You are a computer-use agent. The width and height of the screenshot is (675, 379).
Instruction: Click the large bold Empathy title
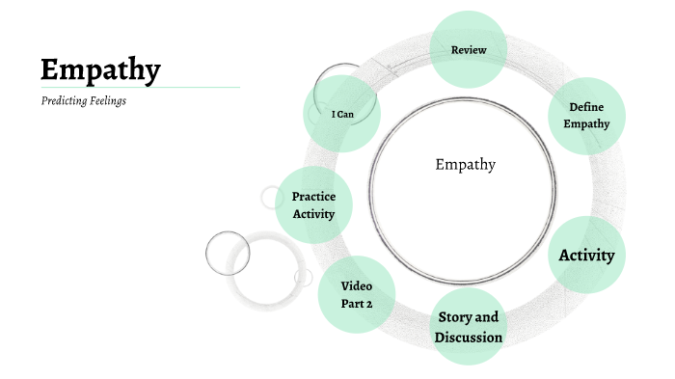[100, 69]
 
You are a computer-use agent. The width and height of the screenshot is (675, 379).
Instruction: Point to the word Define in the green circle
[586, 107]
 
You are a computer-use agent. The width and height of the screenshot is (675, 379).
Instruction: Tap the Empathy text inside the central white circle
[465, 165]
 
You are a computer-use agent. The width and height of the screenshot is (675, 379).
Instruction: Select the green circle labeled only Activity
[586, 255]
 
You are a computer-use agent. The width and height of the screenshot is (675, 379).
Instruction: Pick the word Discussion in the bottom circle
[469, 338]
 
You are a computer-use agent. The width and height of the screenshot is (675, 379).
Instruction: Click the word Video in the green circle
[357, 285]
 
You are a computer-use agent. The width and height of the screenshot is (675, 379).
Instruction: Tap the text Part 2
[357, 304]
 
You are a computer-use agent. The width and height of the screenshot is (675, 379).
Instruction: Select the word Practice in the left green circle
[313, 197]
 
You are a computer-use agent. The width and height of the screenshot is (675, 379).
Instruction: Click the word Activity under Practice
[313, 213]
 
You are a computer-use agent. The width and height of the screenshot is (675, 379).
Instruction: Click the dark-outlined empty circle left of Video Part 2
[228, 253]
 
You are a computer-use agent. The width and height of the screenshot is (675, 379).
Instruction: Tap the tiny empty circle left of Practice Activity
[270, 197]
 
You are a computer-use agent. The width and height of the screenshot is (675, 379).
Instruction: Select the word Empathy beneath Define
[586, 123]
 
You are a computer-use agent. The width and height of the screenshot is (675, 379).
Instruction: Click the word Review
[469, 50]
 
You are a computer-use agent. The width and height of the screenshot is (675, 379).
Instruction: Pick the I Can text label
[341, 115]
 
